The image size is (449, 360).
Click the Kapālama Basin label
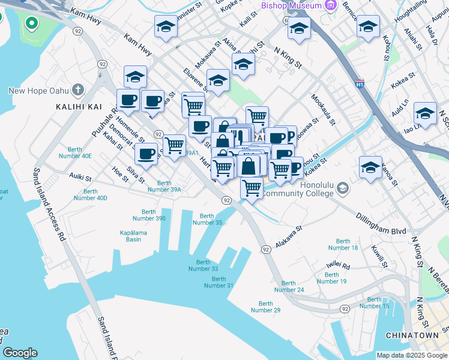(142, 235)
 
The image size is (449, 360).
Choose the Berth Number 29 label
(265, 307)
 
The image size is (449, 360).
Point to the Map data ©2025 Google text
(411, 355)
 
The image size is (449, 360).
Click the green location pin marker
(31, 25)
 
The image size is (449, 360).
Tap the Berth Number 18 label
(343, 244)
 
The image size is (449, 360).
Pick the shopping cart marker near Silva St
(174, 145)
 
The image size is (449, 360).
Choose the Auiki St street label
(79, 178)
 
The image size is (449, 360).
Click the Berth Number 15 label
(375, 302)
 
